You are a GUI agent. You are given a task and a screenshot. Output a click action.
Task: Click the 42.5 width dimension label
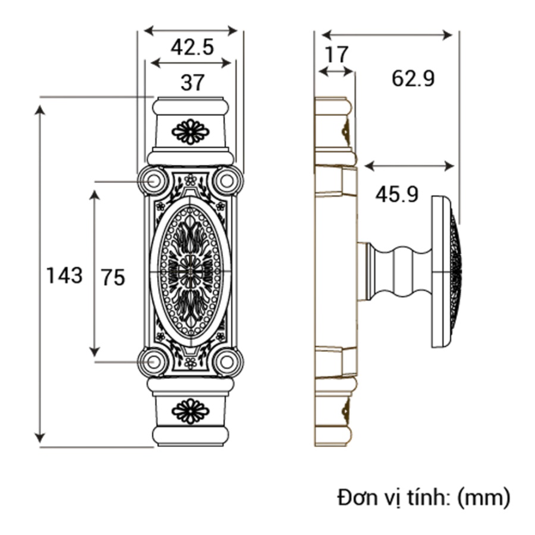[x=192, y=47]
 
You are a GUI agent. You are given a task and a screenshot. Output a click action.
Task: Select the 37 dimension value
[x=193, y=83]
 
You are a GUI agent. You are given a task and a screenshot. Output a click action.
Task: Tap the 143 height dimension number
[x=64, y=275]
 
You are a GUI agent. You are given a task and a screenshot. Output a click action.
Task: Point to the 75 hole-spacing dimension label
[x=113, y=277]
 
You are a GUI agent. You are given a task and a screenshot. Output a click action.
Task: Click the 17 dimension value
[x=336, y=55]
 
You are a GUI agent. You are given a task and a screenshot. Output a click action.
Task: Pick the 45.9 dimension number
[x=397, y=195]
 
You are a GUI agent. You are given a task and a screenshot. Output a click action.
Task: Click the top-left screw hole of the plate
[x=153, y=181]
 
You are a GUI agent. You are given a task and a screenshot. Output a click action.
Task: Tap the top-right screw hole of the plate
[x=227, y=181]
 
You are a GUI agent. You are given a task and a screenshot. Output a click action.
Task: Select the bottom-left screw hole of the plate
[x=153, y=362]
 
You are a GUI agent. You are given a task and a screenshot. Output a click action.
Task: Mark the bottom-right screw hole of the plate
[x=227, y=362]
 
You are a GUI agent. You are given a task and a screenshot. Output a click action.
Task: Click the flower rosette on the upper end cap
[x=190, y=132]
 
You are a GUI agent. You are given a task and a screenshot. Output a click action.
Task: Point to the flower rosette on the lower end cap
[x=190, y=411]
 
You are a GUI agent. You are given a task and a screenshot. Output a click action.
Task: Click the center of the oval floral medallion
[x=190, y=272]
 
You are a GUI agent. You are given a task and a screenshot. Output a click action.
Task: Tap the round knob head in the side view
[x=447, y=272]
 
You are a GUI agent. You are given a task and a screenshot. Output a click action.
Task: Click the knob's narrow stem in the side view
[x=398, y=272]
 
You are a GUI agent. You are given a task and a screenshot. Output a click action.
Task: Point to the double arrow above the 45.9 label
[x=409, y=166]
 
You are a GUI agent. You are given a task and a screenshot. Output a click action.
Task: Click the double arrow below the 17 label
[x=336, y=71]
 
